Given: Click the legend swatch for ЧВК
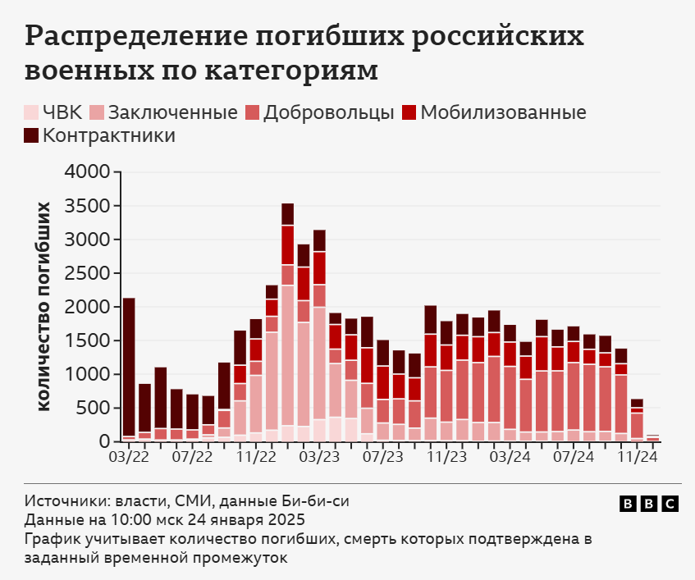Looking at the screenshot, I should coord(31,113).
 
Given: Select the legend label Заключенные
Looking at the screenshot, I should coord(172,113).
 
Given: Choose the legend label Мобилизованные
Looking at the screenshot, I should coord(503,113).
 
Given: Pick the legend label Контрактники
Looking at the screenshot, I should coord(108,135).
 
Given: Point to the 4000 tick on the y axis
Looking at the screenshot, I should coord(86,172).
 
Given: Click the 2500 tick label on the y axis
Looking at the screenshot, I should coord(86,273).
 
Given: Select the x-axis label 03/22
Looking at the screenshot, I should coord(128,456).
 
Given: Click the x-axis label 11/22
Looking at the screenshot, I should coord(256,456).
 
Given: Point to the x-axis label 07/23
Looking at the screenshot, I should coord(383,456).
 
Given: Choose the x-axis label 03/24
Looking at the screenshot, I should coord(510,456).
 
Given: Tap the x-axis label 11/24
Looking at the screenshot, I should coord(638,456).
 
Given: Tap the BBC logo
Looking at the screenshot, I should coord(648,504).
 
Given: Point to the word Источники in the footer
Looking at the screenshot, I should coord(61,500).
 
